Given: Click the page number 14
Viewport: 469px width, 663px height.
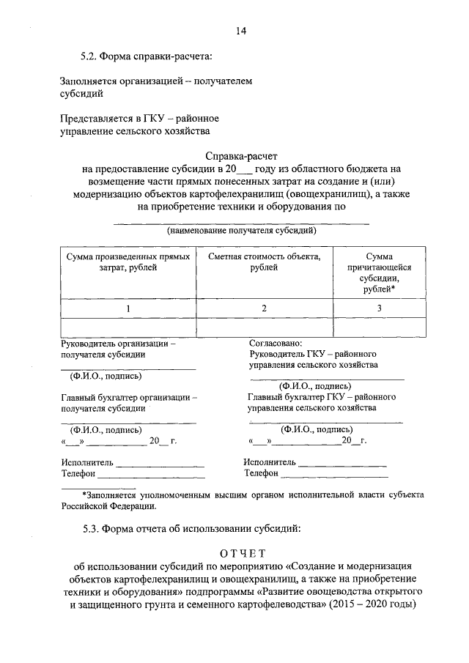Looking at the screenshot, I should pos(241,30).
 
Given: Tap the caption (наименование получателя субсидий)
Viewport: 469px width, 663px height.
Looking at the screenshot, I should pos(241,231).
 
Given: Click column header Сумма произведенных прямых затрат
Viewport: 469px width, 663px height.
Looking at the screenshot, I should pos(128,263).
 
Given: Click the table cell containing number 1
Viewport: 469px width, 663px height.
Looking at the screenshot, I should pos(128,308).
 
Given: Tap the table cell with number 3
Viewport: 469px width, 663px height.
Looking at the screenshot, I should pos(379,308).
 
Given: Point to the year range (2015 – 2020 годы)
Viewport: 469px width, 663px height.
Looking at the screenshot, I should pos(372,604).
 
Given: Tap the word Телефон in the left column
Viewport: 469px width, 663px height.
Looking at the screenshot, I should pos(79,474).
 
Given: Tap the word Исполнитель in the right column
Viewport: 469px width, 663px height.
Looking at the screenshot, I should pos(270,462).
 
